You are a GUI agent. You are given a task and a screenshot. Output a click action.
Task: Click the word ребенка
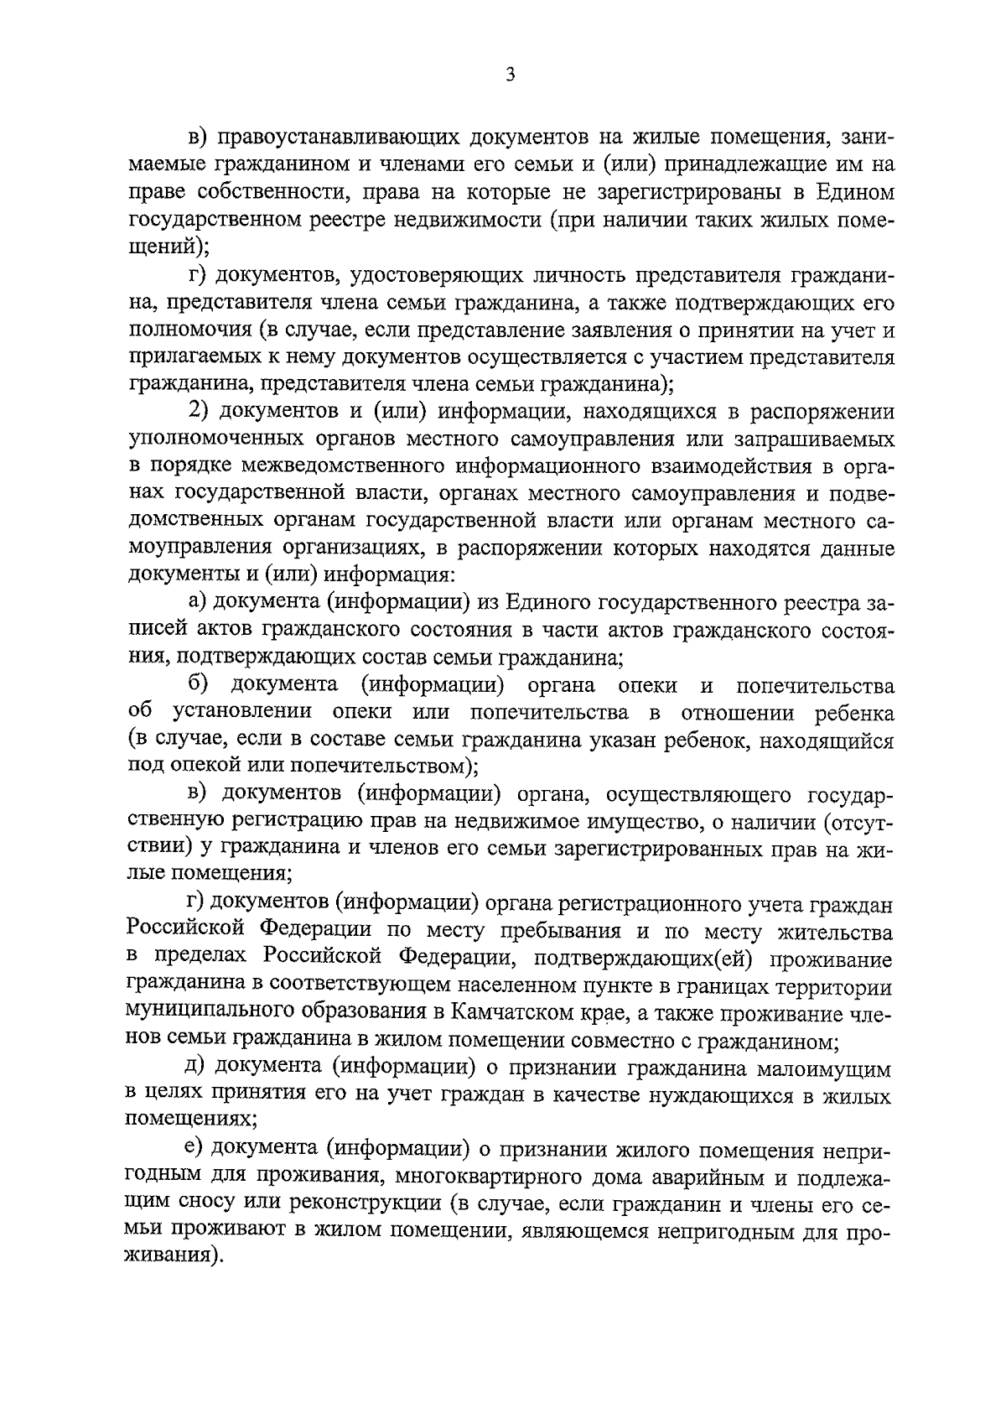click(x=854, y=713)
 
